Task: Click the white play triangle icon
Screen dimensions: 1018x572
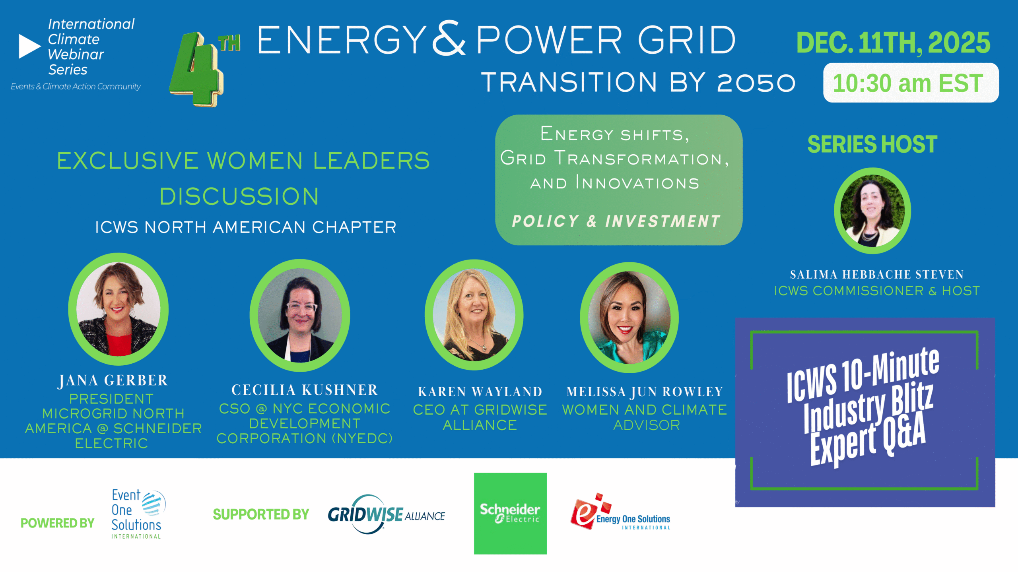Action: tap(29, 47)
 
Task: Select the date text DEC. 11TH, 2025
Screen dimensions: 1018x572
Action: tap(893, 43)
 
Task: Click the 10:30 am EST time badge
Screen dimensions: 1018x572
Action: tap(911, 83)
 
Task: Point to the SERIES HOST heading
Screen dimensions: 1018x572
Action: tap(872, 144)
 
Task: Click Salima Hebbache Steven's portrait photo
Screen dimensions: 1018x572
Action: tap(872, 211)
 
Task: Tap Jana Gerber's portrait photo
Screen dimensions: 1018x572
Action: tap(118, 309)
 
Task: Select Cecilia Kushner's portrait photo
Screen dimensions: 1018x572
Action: tap(300, 315)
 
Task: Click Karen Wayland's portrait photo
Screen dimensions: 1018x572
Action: tap(474, 315)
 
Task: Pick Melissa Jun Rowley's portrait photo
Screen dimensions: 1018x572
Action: tap(629, 317)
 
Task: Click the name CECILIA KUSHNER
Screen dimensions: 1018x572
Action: tap(305, 390)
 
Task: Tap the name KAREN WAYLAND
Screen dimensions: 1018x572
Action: tap(480, 392)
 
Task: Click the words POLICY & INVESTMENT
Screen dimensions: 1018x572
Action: tap(616, 221)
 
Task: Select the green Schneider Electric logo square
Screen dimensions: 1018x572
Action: tap(510, 513)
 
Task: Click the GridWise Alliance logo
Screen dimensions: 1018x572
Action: tap(386, 514)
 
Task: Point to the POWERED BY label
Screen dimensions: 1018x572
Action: tap(57, 523)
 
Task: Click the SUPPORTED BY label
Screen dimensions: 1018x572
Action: tap(261, 514)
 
